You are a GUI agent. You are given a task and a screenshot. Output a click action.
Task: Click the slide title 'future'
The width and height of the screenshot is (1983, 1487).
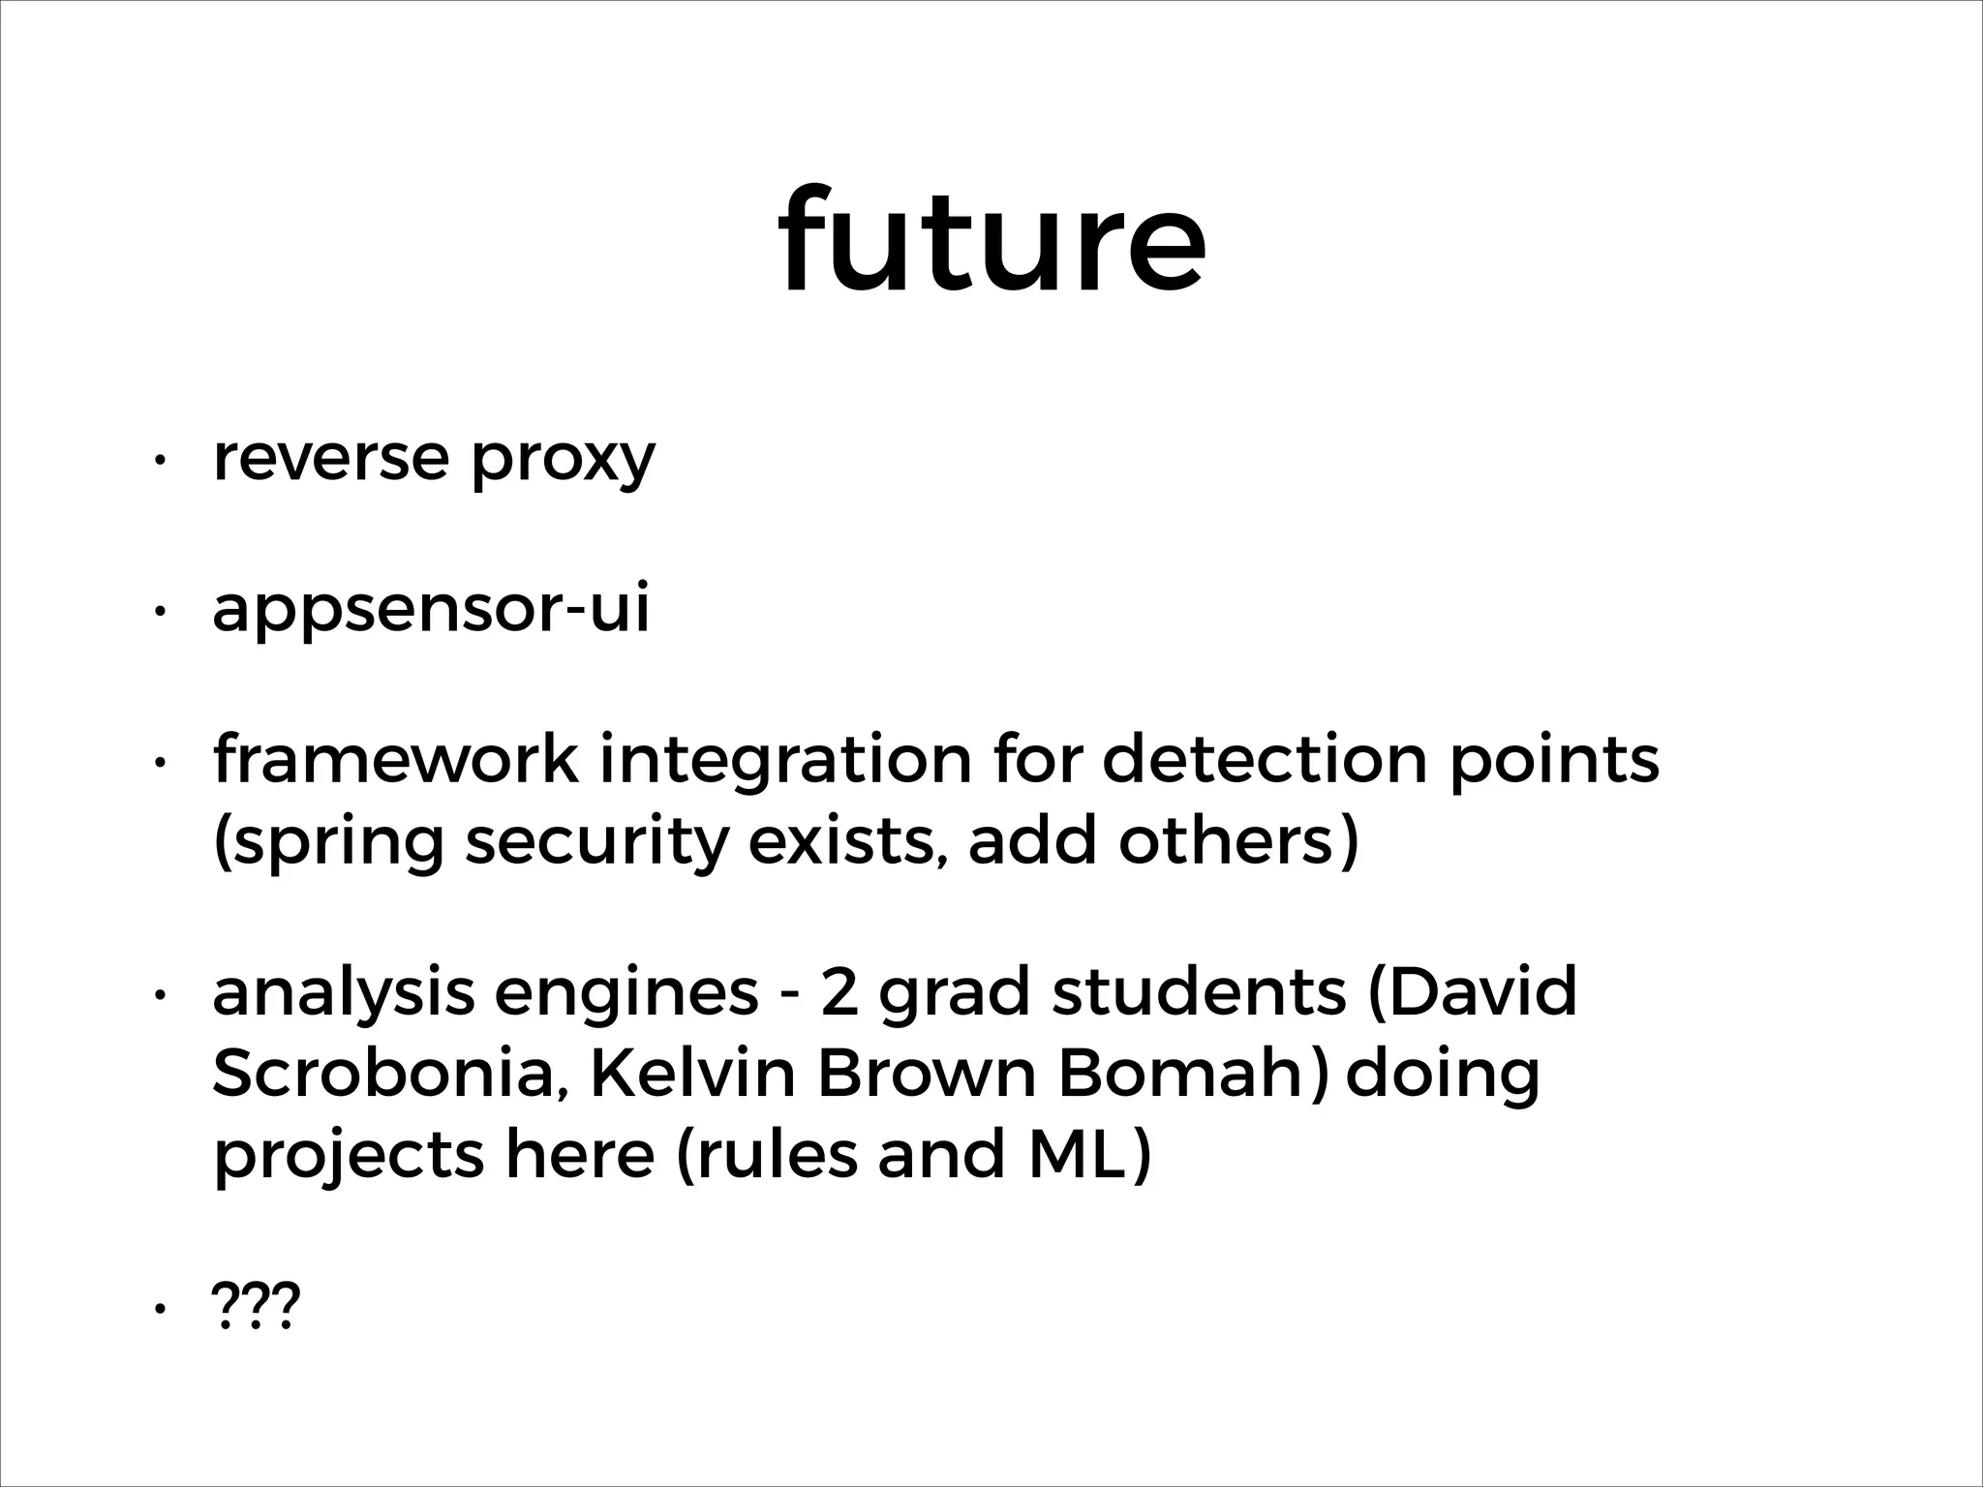click(991, 240)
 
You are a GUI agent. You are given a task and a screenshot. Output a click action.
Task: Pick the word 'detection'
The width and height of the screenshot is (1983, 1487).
click(1264, 759)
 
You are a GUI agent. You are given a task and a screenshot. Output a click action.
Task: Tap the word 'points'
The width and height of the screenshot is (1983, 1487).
click(1553, 761)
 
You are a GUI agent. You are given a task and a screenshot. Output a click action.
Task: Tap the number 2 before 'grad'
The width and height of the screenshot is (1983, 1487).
click(839, 993)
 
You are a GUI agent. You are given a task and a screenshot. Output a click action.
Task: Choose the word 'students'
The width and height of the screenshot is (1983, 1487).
click(1199, 993)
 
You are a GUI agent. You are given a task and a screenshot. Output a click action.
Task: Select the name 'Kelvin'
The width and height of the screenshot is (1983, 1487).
click(691, 1075)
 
